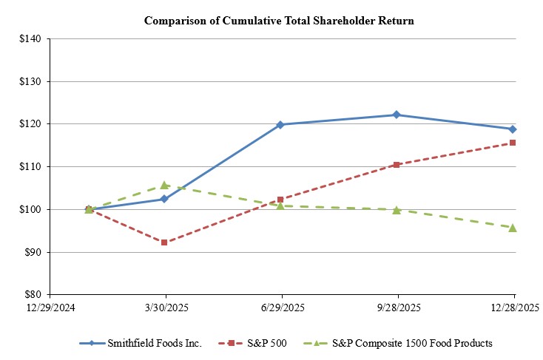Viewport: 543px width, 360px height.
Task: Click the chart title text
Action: pyautogui.click(x=279, y=21)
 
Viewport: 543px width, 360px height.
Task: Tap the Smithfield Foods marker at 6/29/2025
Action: pyautogui.click(x=280, y=124)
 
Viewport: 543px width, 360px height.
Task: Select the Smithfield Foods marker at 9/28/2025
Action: pyautogui.click(x=397, y=115)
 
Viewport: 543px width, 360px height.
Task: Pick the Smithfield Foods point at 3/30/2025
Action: pyautogui.click(x=164, y=199)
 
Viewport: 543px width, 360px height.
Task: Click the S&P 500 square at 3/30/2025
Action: pyautogui.click(x=164, y=242)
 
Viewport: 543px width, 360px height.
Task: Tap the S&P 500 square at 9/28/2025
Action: pyautogui.click(x=397, y=165)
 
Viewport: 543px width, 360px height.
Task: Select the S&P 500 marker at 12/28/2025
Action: pyautogui.click(x=513, y=143)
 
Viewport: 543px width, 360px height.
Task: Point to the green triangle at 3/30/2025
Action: pyautogui.click(x=164, y=185)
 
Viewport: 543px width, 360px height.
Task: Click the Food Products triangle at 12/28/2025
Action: pyautogui.click(x=513, y=227)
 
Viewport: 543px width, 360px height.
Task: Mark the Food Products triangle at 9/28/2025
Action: pyautogui.click(x=397, y=210)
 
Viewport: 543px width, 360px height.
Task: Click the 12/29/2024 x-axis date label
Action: pyautogui.click(x=49, y=307)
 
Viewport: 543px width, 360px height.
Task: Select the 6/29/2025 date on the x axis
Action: pyautogui.click(x=280, y=307)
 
